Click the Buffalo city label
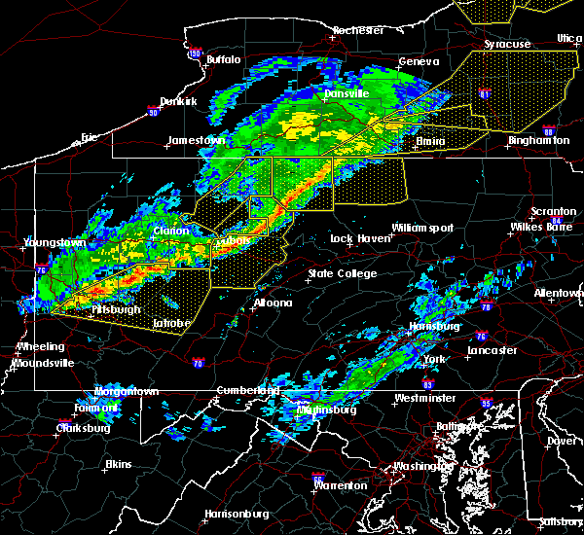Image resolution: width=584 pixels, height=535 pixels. (223, 60)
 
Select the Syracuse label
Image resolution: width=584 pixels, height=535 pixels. (508, 45)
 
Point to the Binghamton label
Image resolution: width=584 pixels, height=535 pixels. (538, 141)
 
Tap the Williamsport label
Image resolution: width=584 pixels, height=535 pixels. (422, 228)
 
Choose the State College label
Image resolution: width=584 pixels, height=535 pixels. (342, 274)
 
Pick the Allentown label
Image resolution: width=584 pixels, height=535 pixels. (559, 293)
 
